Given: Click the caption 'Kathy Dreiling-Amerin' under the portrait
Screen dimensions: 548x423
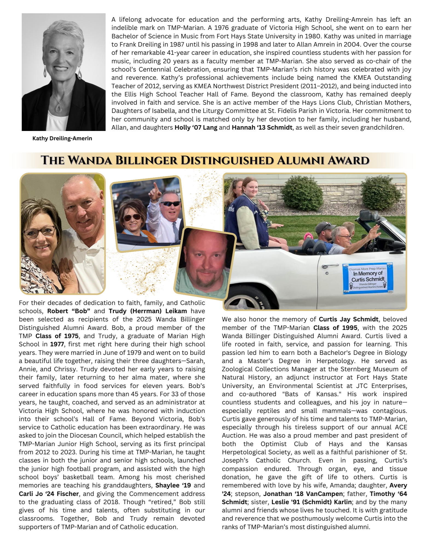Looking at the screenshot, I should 62,138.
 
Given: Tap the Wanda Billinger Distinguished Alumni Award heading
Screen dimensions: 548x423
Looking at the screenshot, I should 205,160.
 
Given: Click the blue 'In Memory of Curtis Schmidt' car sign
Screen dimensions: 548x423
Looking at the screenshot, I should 368,278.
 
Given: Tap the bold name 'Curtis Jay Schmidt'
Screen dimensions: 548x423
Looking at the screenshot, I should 349,319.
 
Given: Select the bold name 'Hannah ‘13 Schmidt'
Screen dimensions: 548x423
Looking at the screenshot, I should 262,127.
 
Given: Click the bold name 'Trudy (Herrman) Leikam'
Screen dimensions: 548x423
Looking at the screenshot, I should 148,311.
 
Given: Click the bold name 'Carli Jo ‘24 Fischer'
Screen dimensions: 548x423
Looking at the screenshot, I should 49,494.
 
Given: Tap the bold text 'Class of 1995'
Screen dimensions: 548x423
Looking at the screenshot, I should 335,328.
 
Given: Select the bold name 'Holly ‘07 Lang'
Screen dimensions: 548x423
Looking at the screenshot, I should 196,127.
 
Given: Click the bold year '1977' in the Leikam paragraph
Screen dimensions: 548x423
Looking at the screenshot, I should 57,344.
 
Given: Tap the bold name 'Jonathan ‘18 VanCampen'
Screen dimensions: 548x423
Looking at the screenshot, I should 303,494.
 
